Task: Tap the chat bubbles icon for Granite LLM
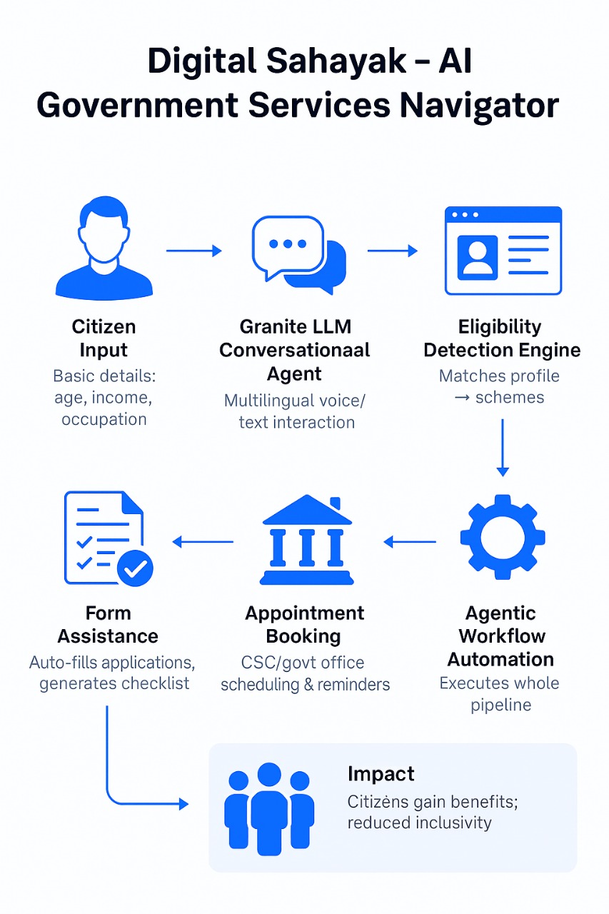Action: [x=298, y=254]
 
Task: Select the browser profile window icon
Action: [x=503, y=251]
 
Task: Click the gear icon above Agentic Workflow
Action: [x=502, y=536]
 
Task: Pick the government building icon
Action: [x=307, y=541]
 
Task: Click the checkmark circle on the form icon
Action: [x=135, y=568]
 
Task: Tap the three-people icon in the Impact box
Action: [x=269, y=810]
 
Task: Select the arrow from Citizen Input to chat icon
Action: [x=193, y=251]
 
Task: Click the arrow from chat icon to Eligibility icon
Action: [x=392, y=251]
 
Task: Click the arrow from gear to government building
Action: [x=410, y=542]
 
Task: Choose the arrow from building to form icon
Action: [x=203, y=542]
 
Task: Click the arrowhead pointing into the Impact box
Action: [x=183, y=804]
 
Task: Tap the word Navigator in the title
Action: [x=479, y=106]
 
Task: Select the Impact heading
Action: [x=381, y=774]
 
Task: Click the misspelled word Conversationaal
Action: [x=295, y=351]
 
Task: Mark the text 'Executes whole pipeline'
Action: [x=499, y=694]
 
